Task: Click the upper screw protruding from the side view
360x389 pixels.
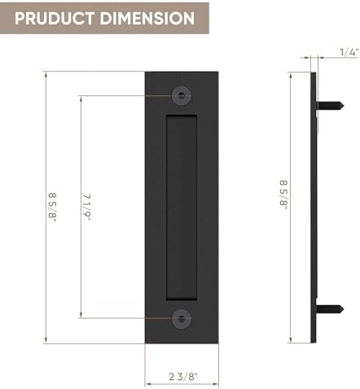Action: (x=326, y=103)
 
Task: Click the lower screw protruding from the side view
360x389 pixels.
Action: (x=326, y=309)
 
